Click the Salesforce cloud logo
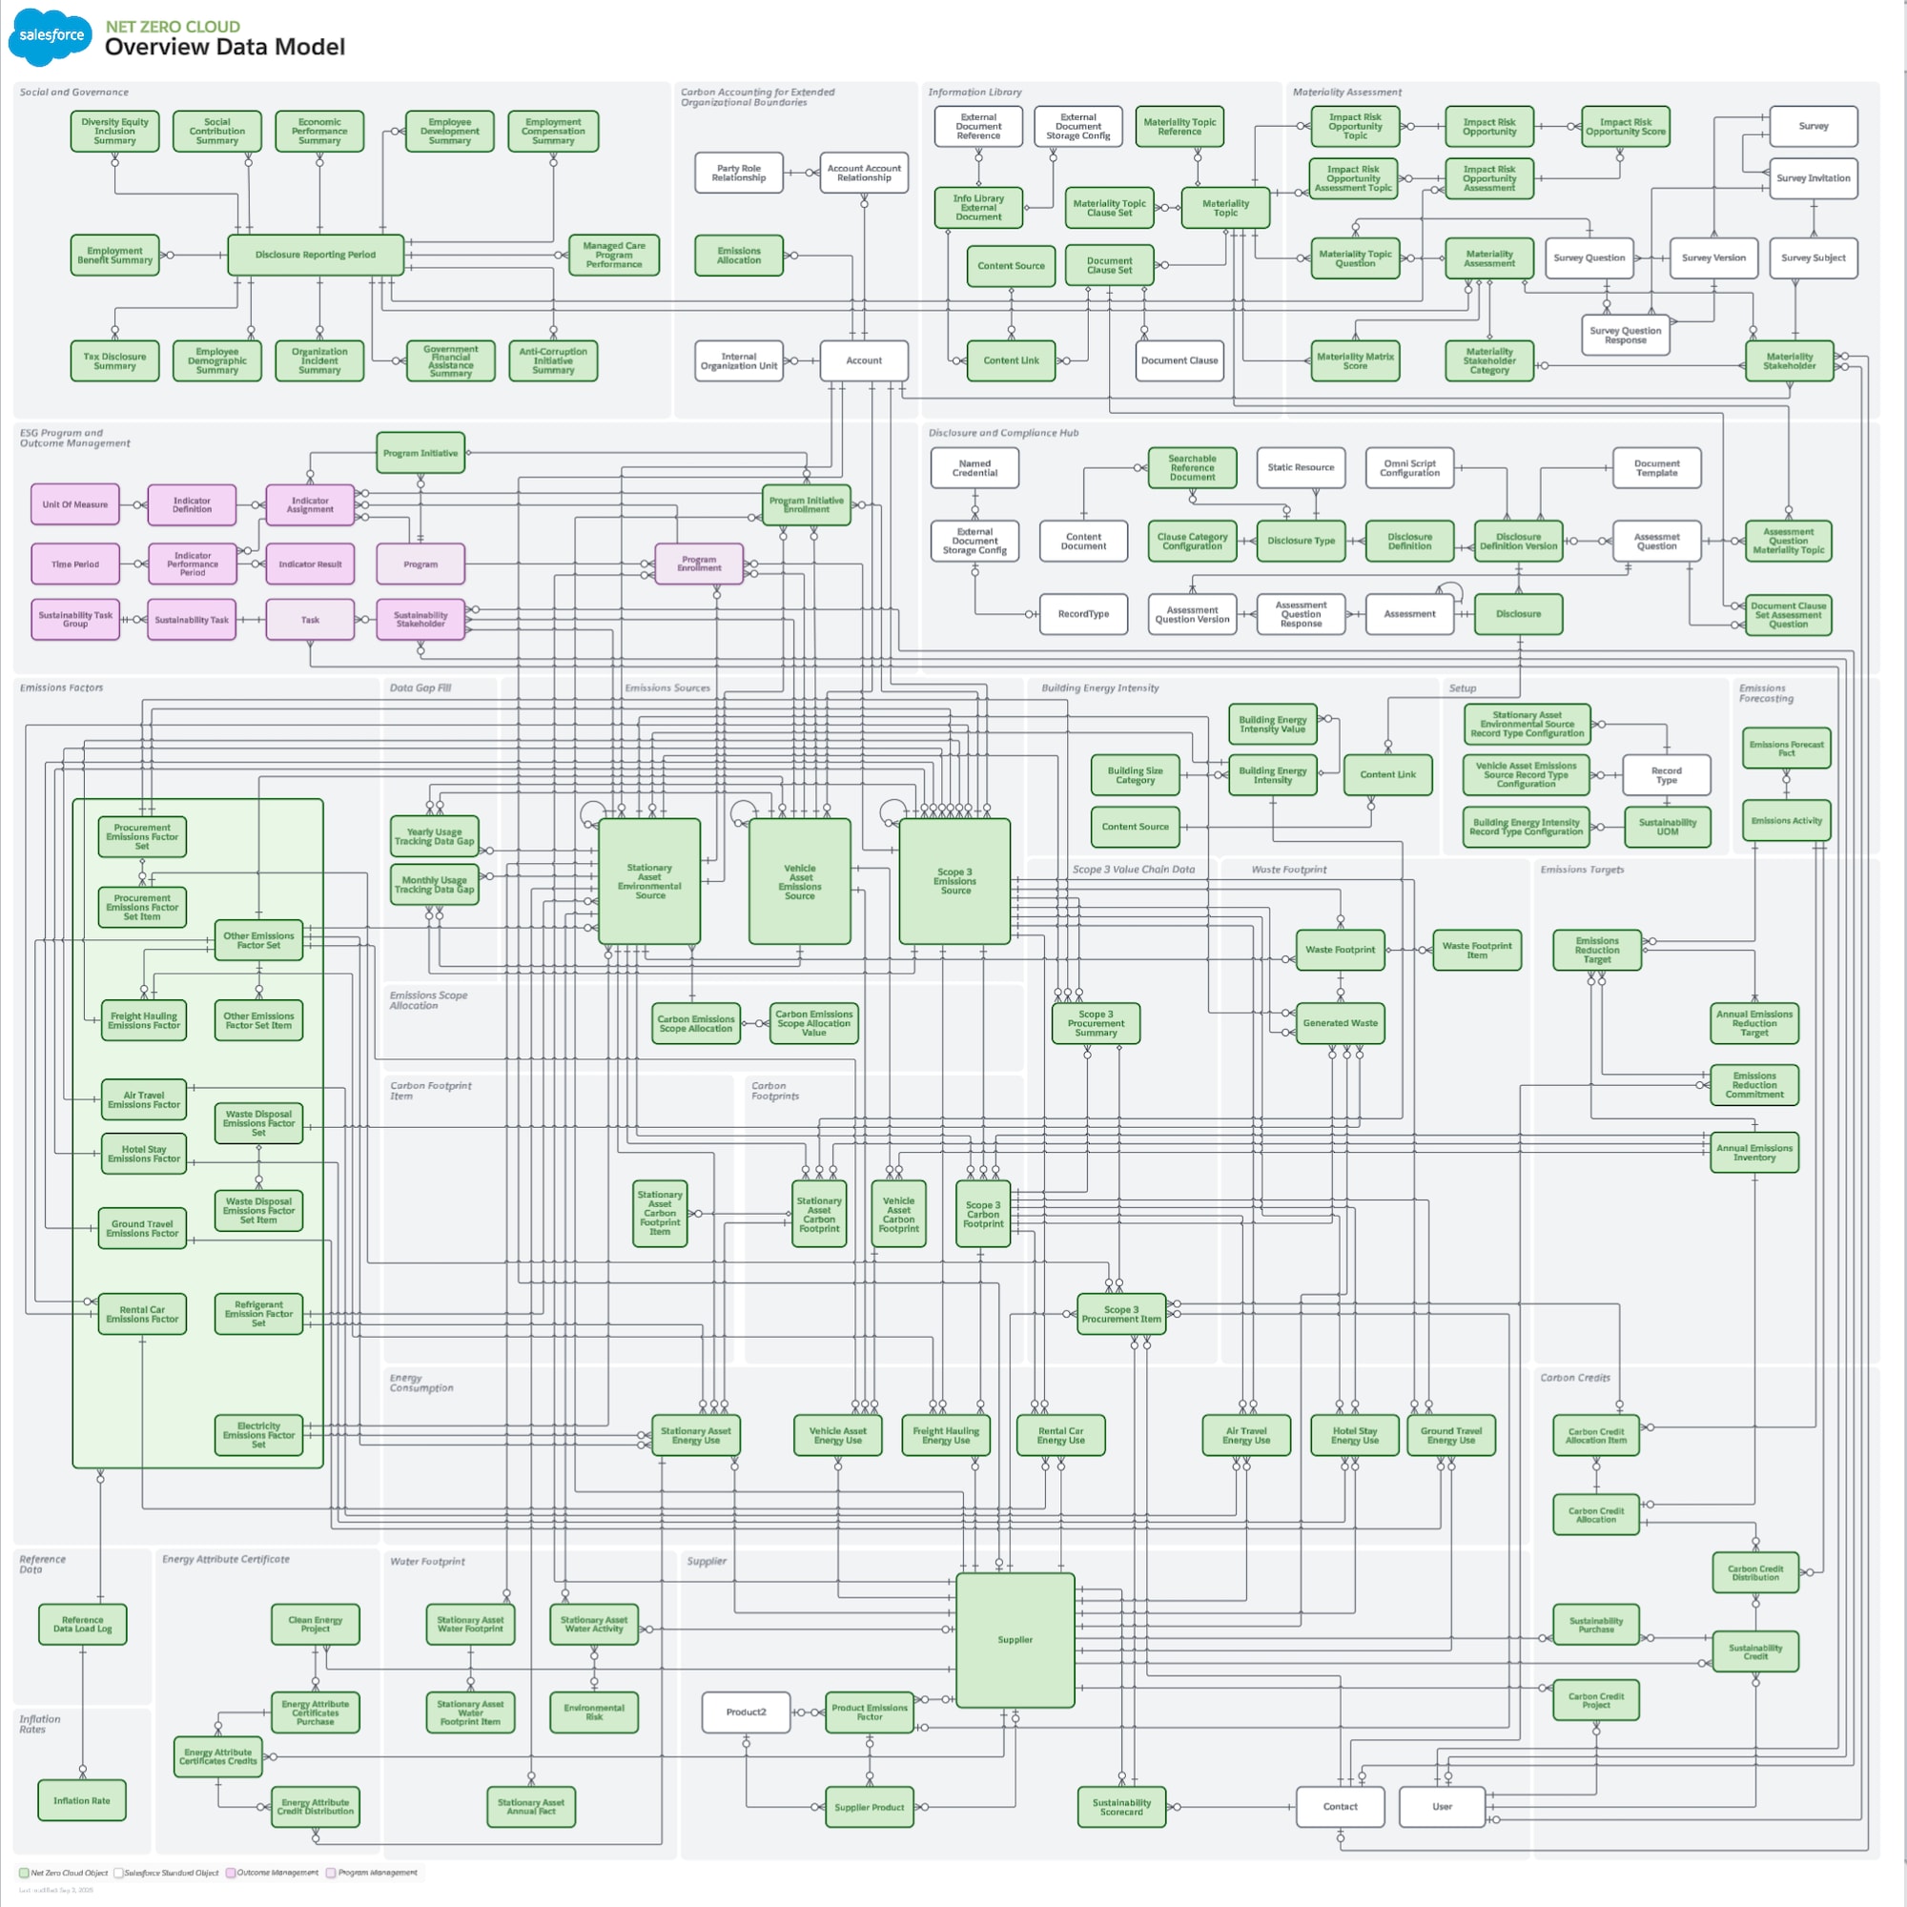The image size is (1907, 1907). coord(51,36)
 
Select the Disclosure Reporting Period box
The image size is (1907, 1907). coord(315,255)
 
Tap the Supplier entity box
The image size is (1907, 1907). coord(1015,1639)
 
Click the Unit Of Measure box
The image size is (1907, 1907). coord(75,504)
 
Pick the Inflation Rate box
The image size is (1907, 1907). coord(82,1800)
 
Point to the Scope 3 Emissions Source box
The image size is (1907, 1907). coord(954,880)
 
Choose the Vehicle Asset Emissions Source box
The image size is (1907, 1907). coord(800,881)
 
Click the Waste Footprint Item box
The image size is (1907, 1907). coord(1477,950)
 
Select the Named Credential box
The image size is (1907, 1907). coord(974,468)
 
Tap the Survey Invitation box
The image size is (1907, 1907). coord(1814,178)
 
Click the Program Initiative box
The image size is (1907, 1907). coord(420,453)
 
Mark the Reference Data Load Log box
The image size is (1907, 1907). coord(83,1624)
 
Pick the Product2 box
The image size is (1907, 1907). coord(747,1712)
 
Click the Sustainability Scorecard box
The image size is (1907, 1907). coord(1121,1806)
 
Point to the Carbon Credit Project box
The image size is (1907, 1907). coord(1596,1700)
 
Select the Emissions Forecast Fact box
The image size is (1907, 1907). coord(1787,748)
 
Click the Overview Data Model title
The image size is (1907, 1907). coord(225,48)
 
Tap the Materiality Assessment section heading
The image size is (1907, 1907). coord(1346,92)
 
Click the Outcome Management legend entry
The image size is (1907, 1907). coord(273,1873)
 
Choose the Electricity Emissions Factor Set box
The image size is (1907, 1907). coord(258,1434)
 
